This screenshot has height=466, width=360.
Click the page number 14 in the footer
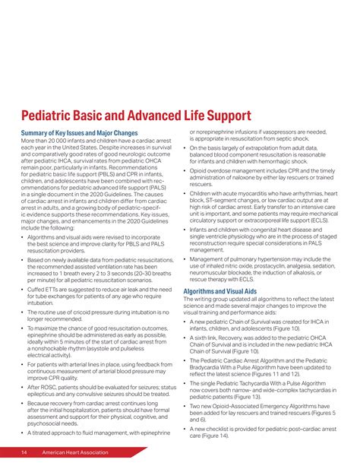[25, 453]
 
